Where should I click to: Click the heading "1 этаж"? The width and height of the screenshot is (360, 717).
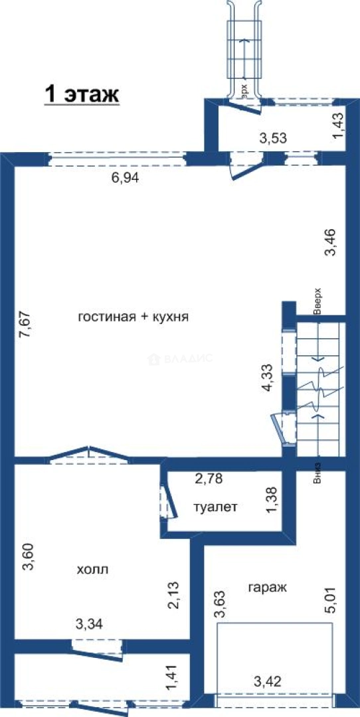click(x=81, y=94)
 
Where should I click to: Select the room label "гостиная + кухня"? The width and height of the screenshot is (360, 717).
click(x=133, y=317)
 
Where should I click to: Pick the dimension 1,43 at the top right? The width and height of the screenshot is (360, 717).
click(x=338, y=126)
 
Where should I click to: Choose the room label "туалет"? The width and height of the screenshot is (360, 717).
click(x=215, y=507)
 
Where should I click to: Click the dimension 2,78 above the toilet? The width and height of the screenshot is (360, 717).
click(x=208, y=477)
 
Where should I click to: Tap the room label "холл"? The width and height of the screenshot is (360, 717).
click(x=92, y=570)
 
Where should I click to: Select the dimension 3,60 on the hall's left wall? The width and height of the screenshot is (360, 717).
click(x=25, y=557)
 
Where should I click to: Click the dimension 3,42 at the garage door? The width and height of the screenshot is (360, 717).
click(x=268, y=680)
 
